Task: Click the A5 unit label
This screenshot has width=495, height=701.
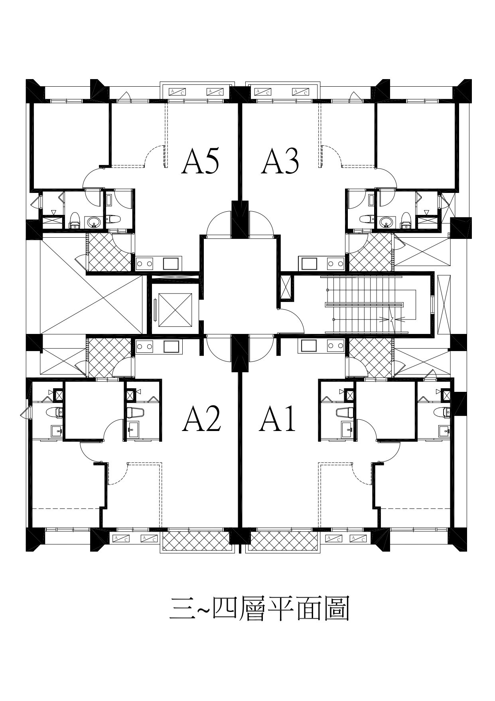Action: pyautogui.click(x=200, y=161)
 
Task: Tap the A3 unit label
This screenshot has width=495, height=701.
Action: pyautogui.click(x=280, y=161)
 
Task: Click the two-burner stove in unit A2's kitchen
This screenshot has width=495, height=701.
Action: pyautogui.click(x=145, y=346)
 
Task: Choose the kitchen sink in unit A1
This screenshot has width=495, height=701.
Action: pyautogui.click(x=310, y=346)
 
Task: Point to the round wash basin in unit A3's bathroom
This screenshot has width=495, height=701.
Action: pyautogui.click(x=385, y=222)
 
